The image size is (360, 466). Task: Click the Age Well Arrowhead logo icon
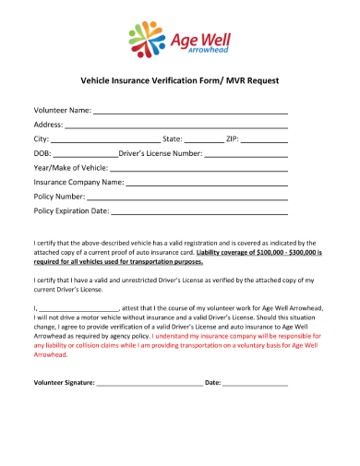coord(145,41)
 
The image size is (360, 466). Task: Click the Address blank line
coord(176,125)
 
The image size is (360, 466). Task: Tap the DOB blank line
coord(85,154)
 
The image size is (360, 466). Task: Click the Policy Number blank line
coord(188,197)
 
